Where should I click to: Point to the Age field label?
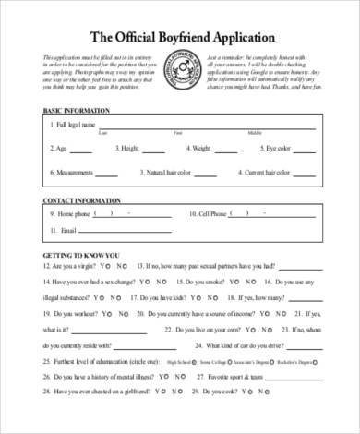click(x=61, y=148)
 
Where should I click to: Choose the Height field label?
click(x=129, y=148)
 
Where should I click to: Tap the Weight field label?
click(x=199, y=148)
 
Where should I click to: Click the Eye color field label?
click(x=280, y=148)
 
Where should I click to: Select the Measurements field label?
click(x=77, y=173)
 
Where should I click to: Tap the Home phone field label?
click(x=75, y=213)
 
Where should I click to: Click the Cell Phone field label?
click(x=213, y=213)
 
